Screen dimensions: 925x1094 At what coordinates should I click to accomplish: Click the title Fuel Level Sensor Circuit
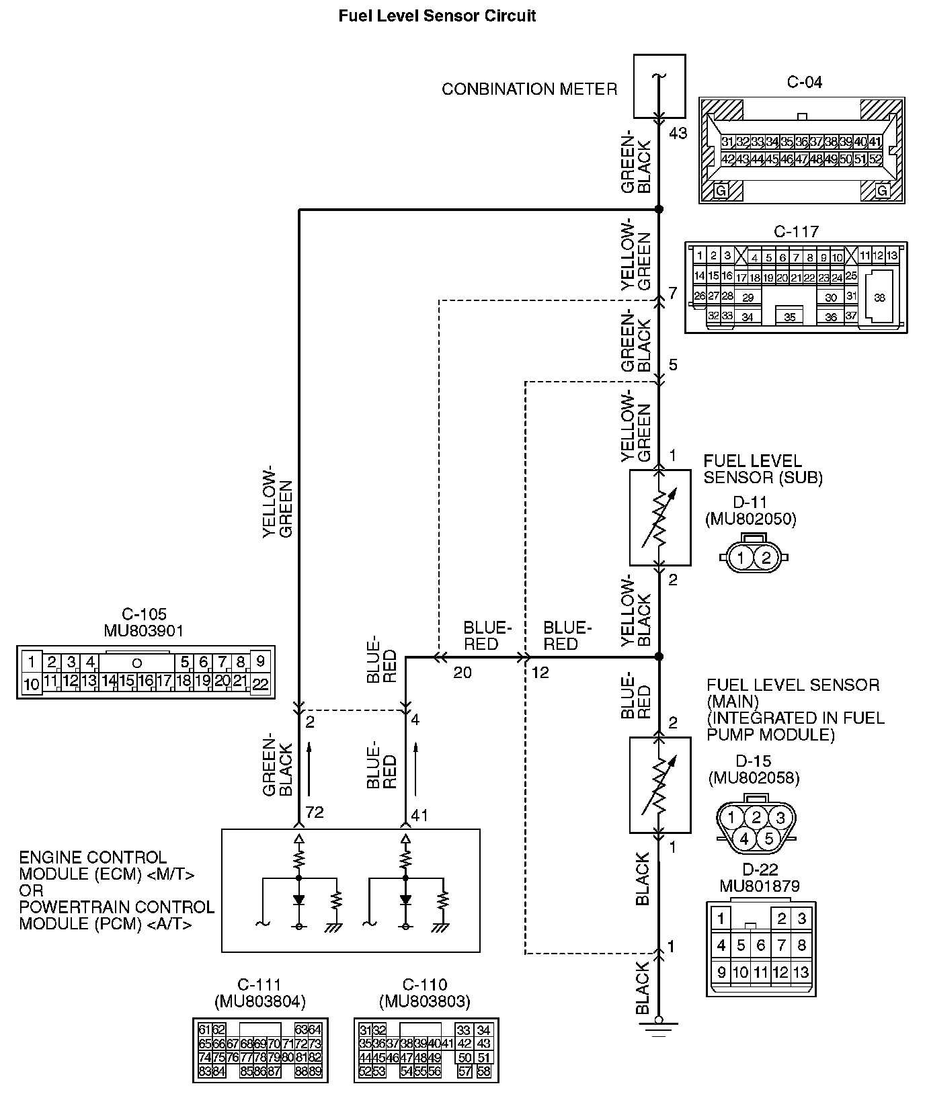coord(437,15)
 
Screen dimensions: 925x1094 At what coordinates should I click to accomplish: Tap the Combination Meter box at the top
coord(659,86)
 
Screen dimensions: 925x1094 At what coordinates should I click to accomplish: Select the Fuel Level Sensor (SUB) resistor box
coord(659,517)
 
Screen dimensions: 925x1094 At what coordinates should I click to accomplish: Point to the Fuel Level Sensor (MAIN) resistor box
coord(659,785)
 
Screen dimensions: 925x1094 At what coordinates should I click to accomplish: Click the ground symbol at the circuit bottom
coord(659,1027)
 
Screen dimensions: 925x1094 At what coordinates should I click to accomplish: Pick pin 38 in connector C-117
coord(879,298)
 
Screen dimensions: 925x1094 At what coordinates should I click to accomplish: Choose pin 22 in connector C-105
coord(261,684)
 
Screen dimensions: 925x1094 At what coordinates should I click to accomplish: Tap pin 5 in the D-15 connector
coord(768,839)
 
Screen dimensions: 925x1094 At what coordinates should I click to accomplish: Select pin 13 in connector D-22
coord(801,972)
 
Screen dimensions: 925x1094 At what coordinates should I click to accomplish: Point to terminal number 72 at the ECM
coord(315,812)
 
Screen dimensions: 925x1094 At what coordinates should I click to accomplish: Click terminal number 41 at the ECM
coord(419,816)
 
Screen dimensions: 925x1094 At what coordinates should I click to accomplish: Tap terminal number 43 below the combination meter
coord(678,133)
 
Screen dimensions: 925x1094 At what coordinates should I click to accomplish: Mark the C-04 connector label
coord(804,83)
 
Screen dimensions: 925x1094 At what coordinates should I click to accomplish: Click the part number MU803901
coord(144,631)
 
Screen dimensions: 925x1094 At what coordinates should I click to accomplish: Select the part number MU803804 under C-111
coord(260,1002)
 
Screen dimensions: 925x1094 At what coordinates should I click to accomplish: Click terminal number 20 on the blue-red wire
coord(462,673)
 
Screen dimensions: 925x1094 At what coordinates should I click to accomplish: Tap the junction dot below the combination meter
coord(659,210)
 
